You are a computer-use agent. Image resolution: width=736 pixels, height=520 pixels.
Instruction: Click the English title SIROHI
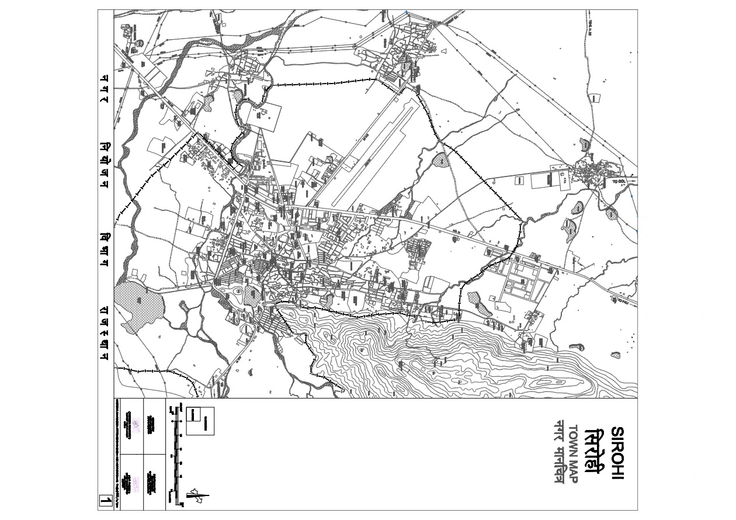(617, 455)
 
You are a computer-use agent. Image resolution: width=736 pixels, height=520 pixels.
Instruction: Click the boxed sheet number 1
(105, 501)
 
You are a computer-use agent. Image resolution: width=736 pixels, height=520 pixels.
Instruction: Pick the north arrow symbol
(197, 497)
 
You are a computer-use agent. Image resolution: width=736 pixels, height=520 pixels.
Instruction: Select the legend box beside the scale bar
(200, 421)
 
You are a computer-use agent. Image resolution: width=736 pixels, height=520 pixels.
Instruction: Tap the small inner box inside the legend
(194, 414)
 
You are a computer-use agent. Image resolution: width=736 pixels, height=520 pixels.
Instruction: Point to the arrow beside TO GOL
(631, 181)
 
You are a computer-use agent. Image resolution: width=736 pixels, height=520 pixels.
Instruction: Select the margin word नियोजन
(105, 163)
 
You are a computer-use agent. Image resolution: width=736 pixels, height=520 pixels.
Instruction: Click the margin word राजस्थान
(105, 330)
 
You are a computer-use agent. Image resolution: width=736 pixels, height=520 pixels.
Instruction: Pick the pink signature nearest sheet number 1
(136, 483)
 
